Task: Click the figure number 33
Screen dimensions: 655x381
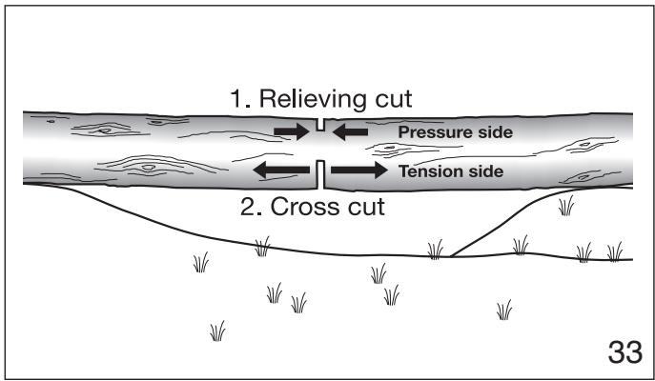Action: click(624, 352)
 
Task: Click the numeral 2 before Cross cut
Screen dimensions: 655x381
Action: click(249, 207)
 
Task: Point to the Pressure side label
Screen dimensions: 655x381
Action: click(456, 132)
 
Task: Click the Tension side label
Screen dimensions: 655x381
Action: click(451, 171)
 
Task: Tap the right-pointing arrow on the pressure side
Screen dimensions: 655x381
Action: click(292, 131)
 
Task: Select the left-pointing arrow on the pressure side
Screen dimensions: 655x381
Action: click(351, 131)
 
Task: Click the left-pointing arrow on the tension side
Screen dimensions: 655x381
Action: click(281, 170)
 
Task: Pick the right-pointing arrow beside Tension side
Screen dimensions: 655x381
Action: click(359, 170)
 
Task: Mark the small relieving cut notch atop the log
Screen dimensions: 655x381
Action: click(320, 125)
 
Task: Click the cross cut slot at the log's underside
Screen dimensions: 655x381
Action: click(320, 174)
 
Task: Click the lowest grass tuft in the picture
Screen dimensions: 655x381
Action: click(217, 331)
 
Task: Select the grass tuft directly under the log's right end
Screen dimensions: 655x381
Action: click(566, 206)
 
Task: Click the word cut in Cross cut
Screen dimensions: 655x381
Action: click(363, 207)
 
